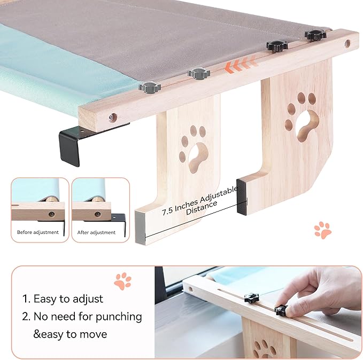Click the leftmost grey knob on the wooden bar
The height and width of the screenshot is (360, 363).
149,86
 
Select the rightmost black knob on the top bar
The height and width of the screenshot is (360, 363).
315,35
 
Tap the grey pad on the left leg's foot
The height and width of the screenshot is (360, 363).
140,228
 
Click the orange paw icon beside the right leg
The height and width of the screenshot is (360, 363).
322,230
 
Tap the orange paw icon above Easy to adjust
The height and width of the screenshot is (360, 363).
122,281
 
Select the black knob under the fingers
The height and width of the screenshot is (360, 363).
281,310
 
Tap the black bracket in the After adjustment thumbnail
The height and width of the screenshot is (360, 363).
118,220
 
